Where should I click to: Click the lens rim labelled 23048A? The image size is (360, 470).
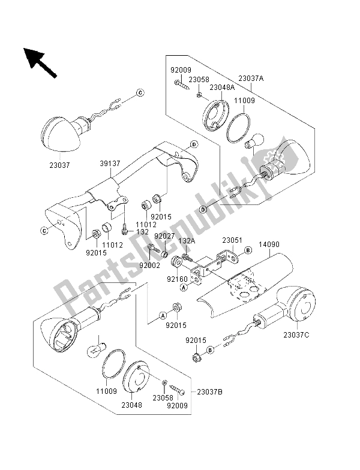[x=213, y=114]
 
